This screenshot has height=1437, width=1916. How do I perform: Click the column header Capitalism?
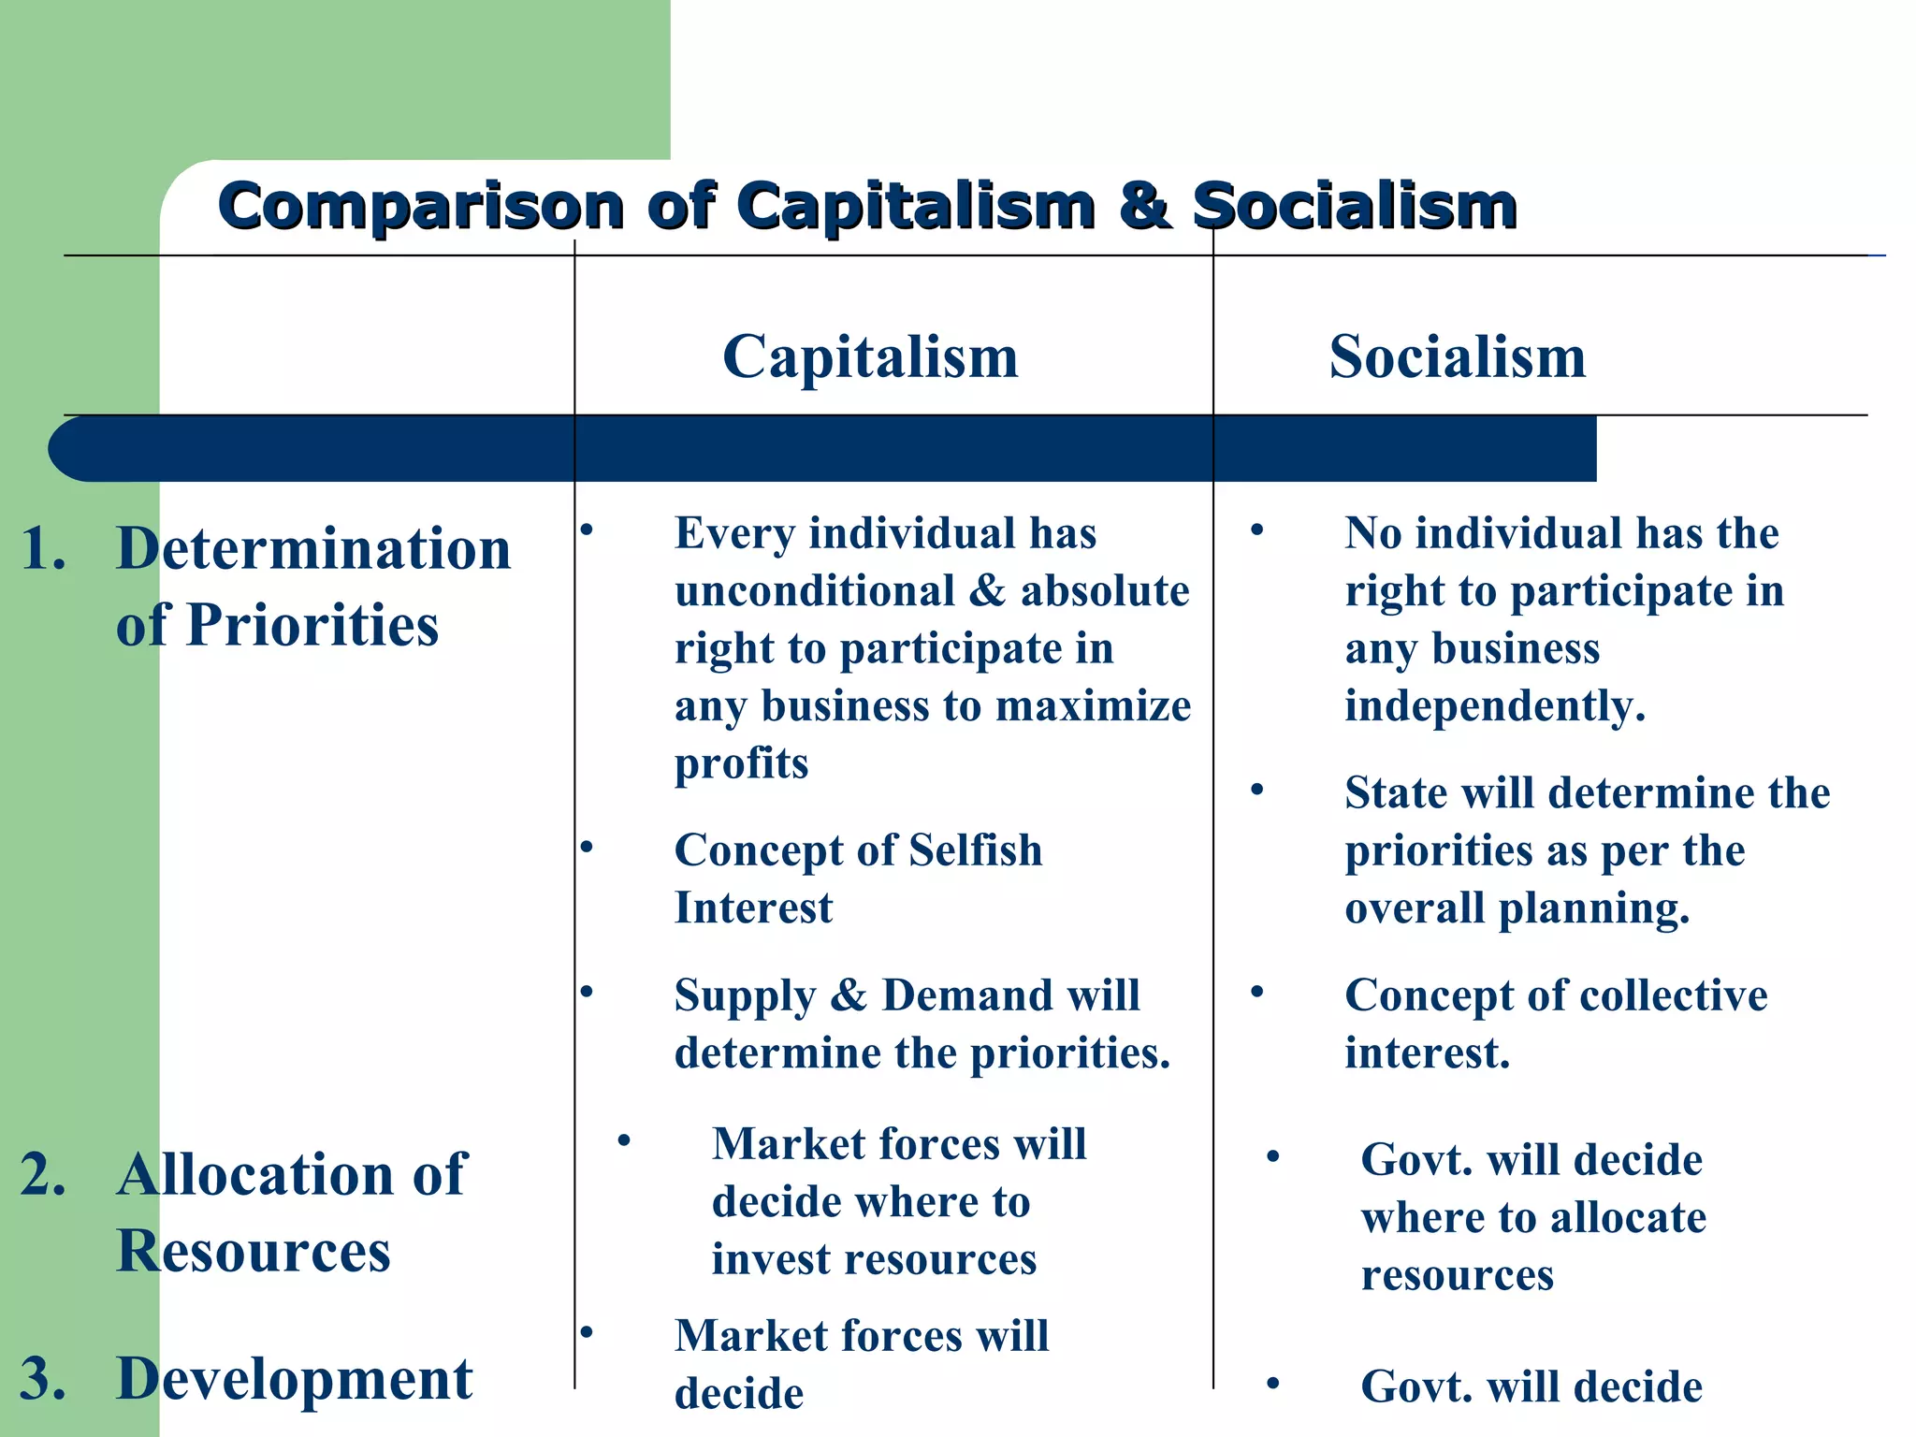click(870, 357)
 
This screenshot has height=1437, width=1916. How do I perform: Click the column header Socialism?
click(1457, 357)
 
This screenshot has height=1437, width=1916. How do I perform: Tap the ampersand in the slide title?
click(1143, 206)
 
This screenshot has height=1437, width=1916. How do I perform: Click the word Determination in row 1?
click(313, 548)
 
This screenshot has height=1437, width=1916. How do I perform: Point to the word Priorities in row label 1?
click(312, 625)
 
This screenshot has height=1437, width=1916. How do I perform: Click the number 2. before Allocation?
click(43, 1174)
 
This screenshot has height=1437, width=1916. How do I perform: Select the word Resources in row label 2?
click(254, 1251)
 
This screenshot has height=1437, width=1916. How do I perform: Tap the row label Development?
click(294, 1379)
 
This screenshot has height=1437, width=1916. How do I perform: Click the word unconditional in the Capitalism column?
click(814, 591)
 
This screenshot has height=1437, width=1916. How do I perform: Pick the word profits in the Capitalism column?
click(741, 764)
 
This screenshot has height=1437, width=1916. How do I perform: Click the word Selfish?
click(975, 850)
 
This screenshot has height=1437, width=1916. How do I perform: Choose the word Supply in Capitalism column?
click(745, 996)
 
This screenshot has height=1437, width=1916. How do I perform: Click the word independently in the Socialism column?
click(1494, 706)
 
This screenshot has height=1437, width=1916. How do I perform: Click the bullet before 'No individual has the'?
click(1257, 530)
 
